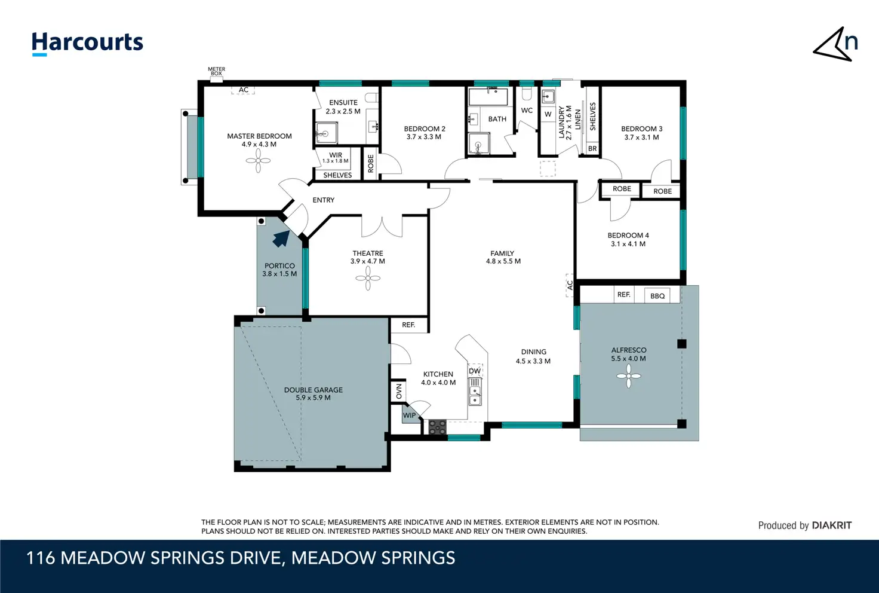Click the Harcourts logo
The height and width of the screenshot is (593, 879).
pos(87,44)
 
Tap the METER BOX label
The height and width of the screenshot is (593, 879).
pos(216,71)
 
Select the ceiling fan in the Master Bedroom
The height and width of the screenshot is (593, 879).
pos(258,161)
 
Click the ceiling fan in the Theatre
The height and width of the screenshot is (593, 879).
pos(368,278)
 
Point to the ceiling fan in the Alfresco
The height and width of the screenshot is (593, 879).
pos(629,376)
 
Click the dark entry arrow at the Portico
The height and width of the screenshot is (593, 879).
pos(281,239)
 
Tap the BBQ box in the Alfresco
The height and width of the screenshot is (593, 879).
pos(657,296)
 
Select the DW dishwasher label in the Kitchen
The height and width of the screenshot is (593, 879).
pos(474,371)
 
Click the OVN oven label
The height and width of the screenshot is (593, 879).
pos(399,391)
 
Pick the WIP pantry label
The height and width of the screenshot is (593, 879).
pos(409,415)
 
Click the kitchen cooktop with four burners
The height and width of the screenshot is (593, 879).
pos(437,427)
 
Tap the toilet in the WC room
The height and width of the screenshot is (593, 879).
pos(527,93)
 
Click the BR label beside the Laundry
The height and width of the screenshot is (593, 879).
pos(592,148)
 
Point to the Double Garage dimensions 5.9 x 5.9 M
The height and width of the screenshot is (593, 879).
pos(313,398)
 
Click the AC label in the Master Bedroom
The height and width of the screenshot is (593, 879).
pos(243,90)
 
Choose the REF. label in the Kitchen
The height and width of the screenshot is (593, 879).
pos(408,325)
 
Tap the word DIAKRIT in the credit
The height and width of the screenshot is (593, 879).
pos(831,525)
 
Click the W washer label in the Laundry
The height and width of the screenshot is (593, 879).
pos(548,114)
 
